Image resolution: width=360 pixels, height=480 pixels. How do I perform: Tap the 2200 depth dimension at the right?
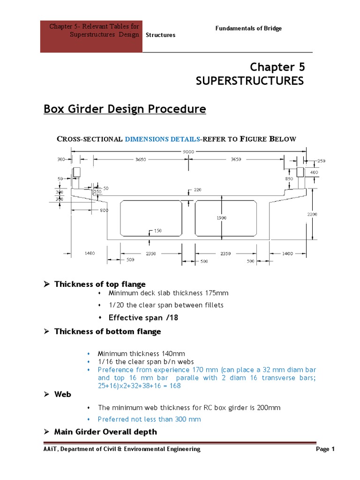312,214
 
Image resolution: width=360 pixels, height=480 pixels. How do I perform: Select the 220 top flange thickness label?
197,190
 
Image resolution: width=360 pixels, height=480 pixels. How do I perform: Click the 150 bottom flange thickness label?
157,231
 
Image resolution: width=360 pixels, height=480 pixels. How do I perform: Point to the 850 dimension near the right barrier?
289,179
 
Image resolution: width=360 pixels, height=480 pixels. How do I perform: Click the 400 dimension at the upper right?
314,172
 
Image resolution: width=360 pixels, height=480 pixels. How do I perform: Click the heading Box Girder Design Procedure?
125,109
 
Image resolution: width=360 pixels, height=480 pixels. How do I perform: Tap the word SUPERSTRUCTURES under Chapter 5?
249,81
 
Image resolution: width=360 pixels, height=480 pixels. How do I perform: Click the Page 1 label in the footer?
325,449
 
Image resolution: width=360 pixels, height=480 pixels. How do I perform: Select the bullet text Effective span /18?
143,317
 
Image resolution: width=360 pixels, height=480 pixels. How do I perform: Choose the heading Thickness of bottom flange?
107,331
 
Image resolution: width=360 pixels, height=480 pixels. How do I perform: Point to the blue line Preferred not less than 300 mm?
149,419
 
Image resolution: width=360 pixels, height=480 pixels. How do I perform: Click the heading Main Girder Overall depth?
105,432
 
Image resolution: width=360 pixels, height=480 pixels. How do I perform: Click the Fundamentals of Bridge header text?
248,29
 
